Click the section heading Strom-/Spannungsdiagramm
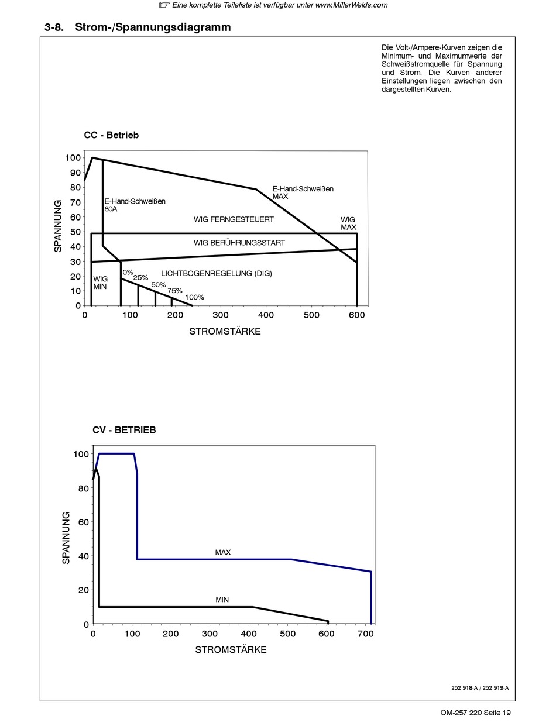[x=153, y=27]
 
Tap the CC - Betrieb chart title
[x=111, y=135]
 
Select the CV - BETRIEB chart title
[x=124, y=429]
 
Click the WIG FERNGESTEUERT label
[x=234, y=219]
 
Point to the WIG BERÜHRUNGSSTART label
[x=239, y=243]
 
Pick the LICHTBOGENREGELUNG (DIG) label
[x=217, y=273]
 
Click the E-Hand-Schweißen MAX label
[x=303, y=192]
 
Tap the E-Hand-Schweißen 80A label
[x=135, y=205]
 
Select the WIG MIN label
[x=100, y=283]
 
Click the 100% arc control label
[x=194, y=297]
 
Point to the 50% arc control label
[x=159, y=285]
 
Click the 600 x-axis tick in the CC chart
[x=357, y=315]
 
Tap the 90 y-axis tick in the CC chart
[x=75, y=173]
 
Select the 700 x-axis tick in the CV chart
[x=366, y=634]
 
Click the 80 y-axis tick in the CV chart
[x=84, y=488]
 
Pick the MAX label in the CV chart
[x=223, y=552]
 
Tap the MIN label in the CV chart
[x=222, y=600]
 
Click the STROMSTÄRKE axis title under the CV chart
[x=231, y=650]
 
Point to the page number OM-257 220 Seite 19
[x=475, y=713]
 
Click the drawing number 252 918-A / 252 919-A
[x=480, y=688]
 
